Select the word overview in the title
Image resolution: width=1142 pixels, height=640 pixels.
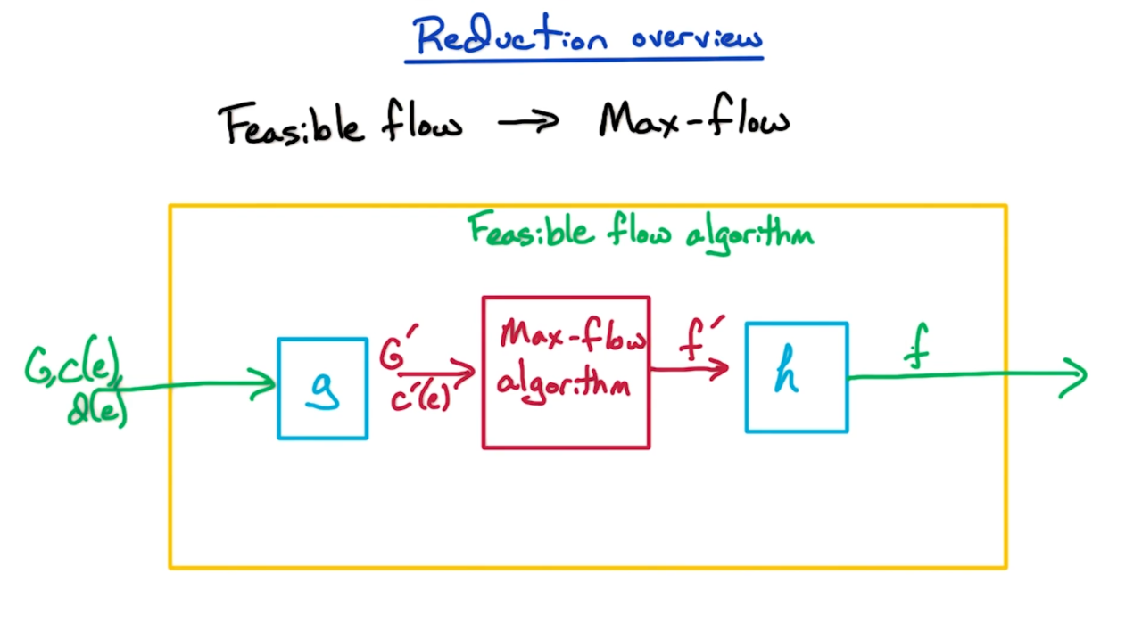pyautogui.click(x=697, y=38)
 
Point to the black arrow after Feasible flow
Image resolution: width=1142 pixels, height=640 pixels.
pyautogui.click(x=527, y=121)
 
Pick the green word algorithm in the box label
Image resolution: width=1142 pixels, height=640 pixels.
pyautogui.click(x=749, y=234)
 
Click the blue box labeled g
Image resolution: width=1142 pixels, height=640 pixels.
pyautogui.click(x=323, y=389)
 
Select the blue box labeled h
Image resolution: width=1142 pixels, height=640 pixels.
pyautogui.click(x=797, y=378)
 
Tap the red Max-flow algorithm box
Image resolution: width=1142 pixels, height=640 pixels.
pyautogui.click(x=566, y=373)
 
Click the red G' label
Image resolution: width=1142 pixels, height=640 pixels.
pyautogui.click(x=396, y=349)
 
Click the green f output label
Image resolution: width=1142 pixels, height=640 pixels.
pyautogui.click(x=916, y=349)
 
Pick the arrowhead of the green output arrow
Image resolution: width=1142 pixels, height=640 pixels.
pyautogui.click(x=1075, y=376)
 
